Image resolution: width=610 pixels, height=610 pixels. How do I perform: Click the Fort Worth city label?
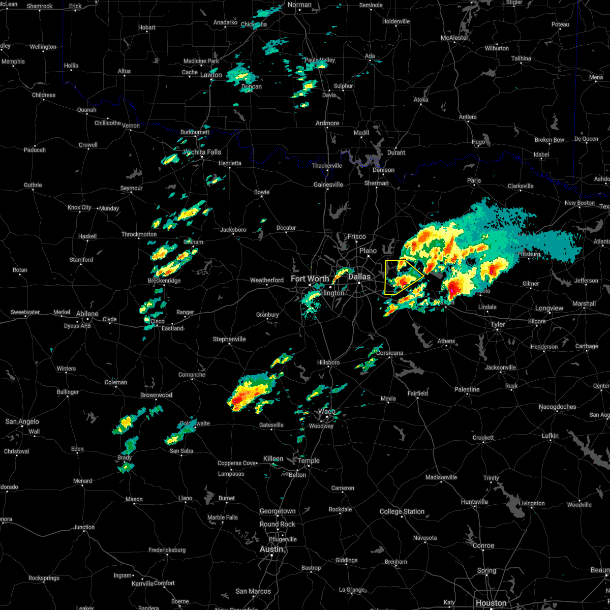click(x=310, y=279)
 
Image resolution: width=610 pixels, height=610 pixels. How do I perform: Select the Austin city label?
click(x=271, y=549)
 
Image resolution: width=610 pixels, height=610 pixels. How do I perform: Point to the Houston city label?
click(x=491, y=603)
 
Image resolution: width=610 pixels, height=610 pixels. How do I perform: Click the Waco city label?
click(x=327, y=411)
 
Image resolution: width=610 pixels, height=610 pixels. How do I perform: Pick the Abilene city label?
click(x=87, y=314)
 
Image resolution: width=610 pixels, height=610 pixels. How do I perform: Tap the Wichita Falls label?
click(x=203, y=152)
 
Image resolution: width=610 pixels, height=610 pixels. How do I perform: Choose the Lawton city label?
click(x=211, y=75)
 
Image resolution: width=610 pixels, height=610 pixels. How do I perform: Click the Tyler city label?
click(x=498, y=324)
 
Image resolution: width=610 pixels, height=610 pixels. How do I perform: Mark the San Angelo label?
click(x=22, y=421)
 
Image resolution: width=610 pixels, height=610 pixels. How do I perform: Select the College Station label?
click(x=402, y=511)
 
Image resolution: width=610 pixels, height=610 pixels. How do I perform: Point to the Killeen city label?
click(x=273, y=459)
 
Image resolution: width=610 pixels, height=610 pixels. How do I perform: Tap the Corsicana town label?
click(x=390, y=353)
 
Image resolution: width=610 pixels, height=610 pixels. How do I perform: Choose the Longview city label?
click(x=549, y=308)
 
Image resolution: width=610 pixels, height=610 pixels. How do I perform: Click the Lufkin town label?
click(x=550, y=436)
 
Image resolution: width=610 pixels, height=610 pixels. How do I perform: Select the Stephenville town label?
click(x=229, y=339)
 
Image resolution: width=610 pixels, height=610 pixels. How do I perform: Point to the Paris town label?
click(x=474, y=180)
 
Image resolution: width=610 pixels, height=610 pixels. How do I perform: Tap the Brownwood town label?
click(x=156, y=395)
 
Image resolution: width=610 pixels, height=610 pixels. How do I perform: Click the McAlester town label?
click(x=454, y=38)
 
